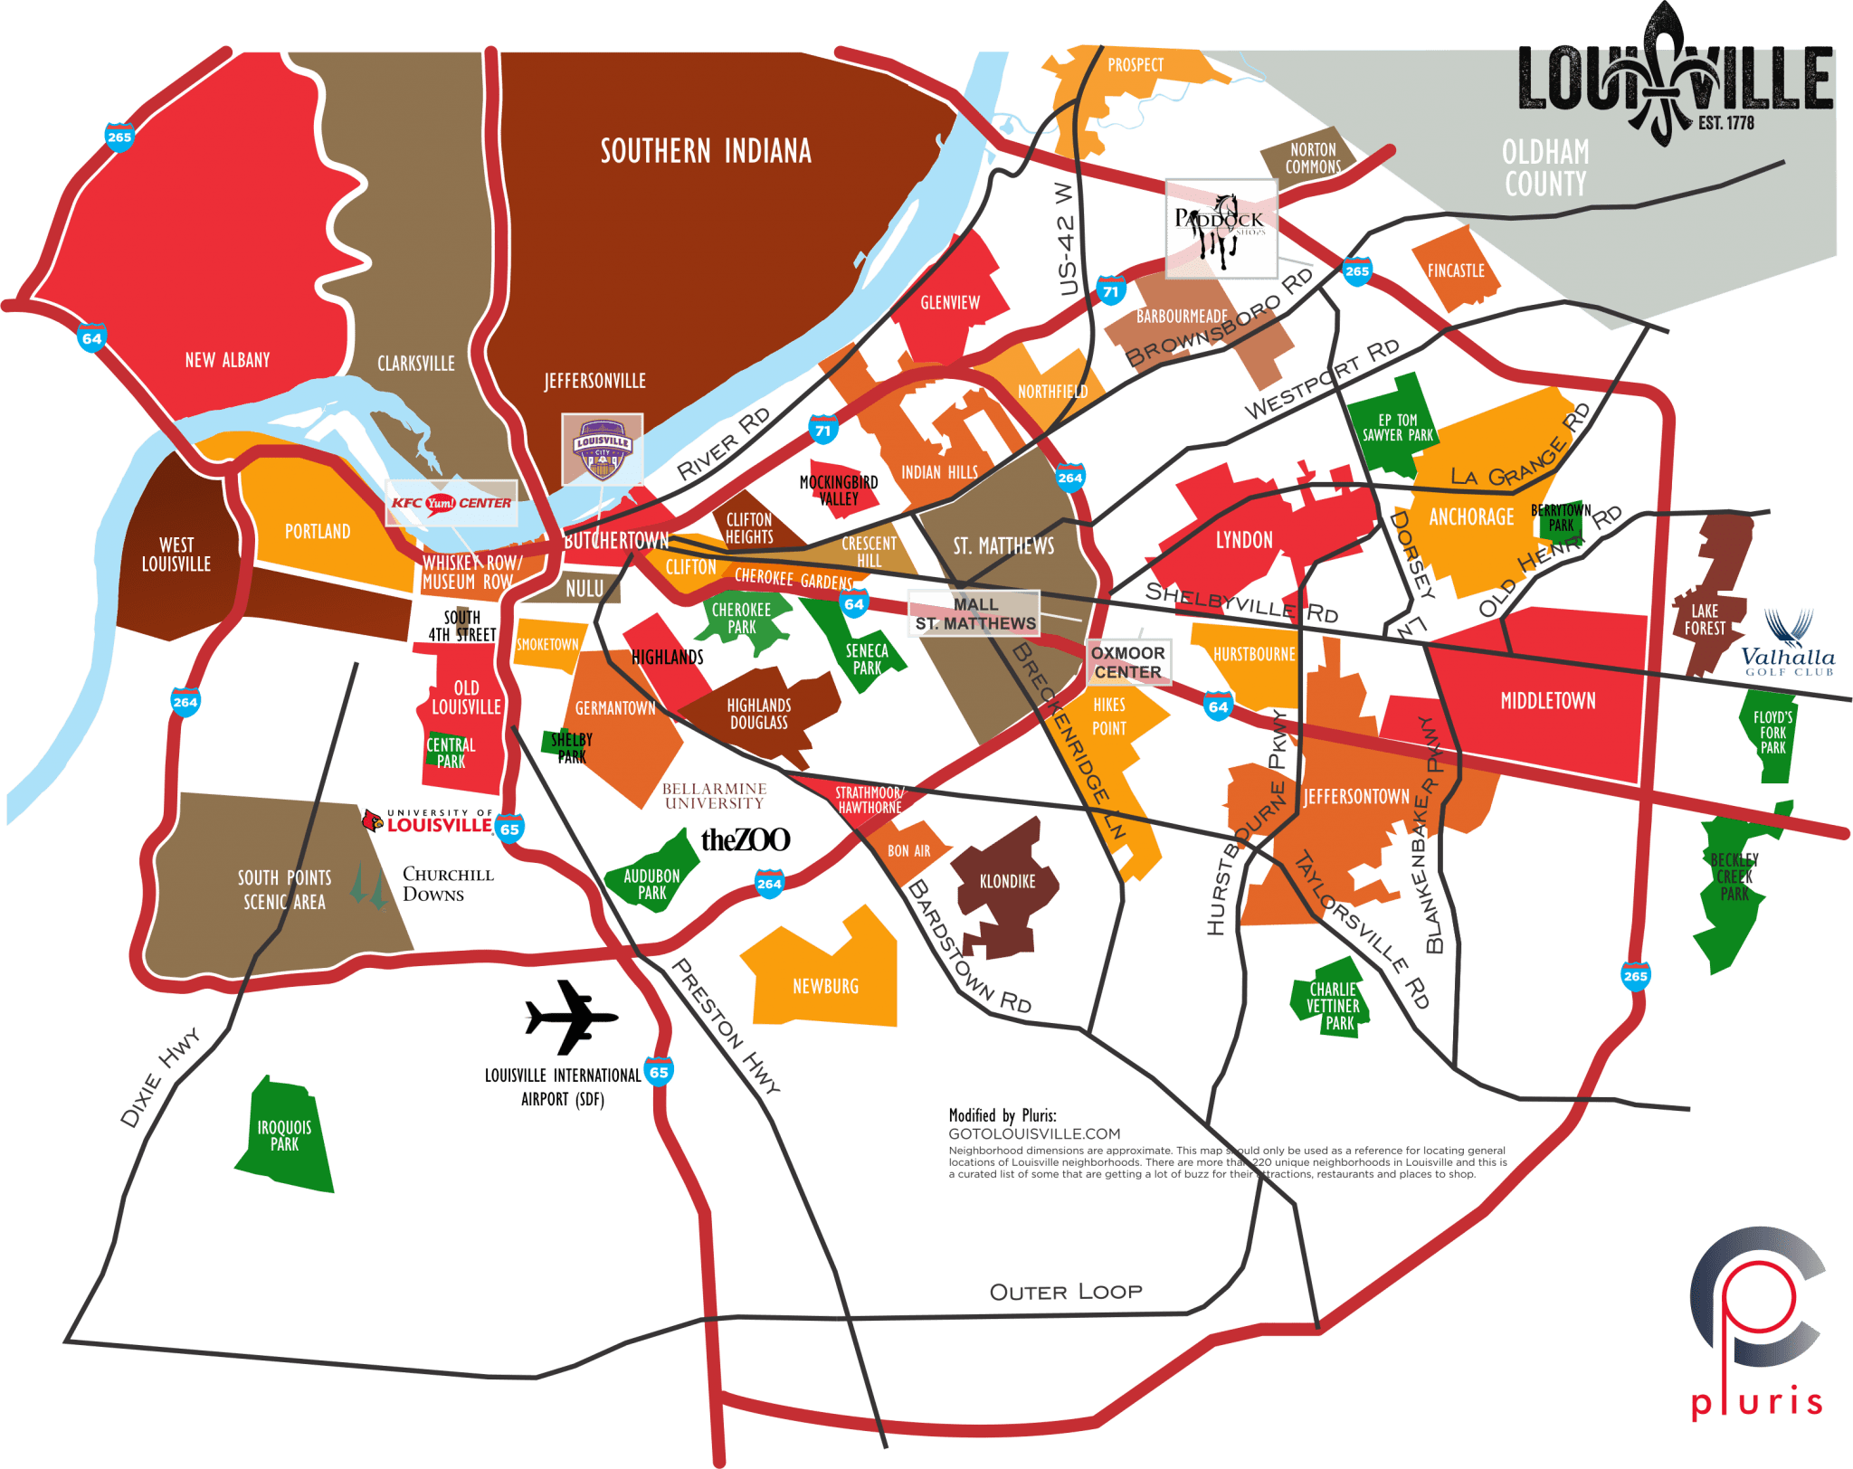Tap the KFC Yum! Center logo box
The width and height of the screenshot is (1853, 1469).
pos(451,503)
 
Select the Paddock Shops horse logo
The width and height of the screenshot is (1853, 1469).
pos(1221,228)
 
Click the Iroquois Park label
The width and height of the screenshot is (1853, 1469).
pos(284,1135)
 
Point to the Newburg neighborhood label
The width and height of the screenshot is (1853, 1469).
pos(825,986)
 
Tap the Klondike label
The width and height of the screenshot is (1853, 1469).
pos(1007,881)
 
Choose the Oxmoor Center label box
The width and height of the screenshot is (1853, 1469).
pos(1128,662)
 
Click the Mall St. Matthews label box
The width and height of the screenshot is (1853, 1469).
pos(974,614)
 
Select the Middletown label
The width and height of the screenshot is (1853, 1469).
pos(1548,701)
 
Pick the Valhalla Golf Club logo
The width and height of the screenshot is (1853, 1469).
pos(1789,644)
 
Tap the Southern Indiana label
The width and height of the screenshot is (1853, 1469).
pos(706,151)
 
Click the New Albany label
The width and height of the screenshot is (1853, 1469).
pos(227,360)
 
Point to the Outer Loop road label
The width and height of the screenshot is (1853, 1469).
pos(1066,1292)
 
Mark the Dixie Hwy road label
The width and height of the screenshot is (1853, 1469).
pos(160,1076)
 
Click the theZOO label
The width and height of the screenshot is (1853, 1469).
pos(746,840)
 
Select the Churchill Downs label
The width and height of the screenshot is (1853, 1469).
pos(447,884)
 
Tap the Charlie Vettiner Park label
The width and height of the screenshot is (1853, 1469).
pos(1333,1006)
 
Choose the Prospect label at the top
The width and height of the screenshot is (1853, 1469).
pos(1136,65)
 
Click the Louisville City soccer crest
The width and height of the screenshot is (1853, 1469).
pos(603,450)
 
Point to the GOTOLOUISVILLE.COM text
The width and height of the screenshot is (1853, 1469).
pos(1034,1133)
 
